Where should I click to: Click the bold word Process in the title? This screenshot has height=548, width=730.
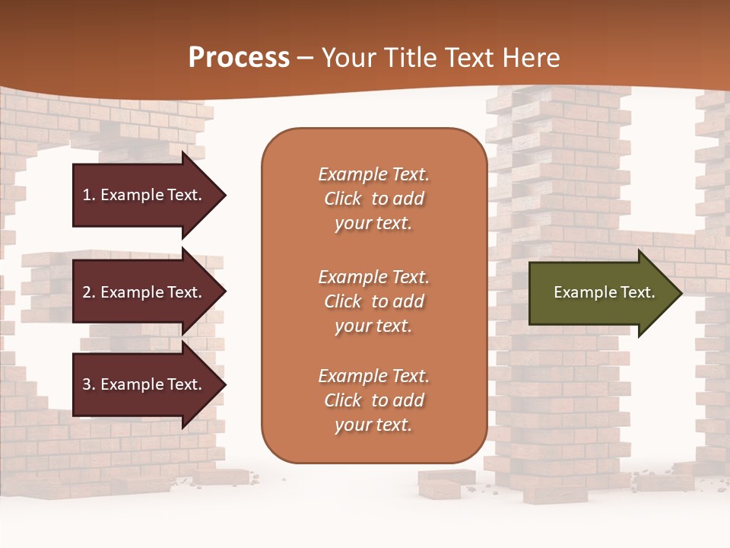239,58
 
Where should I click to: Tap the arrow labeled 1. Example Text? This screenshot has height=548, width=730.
144,195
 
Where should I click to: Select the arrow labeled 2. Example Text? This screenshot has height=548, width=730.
144,292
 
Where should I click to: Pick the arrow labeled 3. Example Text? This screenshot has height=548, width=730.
144,384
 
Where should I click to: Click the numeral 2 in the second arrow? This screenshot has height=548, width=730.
87,292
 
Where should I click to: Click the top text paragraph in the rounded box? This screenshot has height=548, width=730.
373,199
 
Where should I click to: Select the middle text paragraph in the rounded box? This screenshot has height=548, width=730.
373,301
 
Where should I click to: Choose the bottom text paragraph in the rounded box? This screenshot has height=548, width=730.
373,400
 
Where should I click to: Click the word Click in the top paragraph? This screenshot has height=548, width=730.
343,199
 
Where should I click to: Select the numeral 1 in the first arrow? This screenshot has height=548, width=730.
87,195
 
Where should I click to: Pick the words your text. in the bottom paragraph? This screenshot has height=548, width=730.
373,425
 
